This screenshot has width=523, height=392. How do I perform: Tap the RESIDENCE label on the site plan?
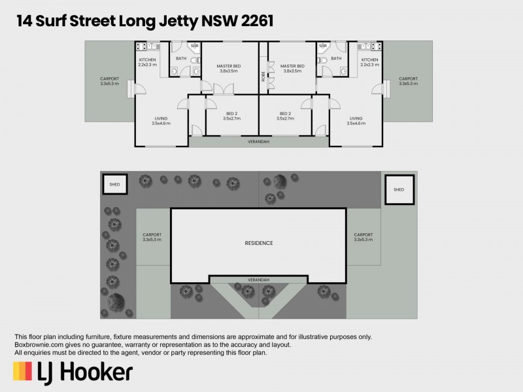tap(259, 243)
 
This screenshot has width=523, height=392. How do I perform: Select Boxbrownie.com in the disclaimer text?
tap(41, 345)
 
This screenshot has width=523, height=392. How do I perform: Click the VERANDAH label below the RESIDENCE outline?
tap(258, 280)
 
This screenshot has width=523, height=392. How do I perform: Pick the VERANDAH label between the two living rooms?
tap(258, 142)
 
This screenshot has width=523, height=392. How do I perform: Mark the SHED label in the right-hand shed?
tap(399, 189)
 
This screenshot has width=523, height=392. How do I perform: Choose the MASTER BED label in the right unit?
tap(292, 66)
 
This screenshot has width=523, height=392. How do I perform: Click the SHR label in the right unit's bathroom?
tap(322, 46)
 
